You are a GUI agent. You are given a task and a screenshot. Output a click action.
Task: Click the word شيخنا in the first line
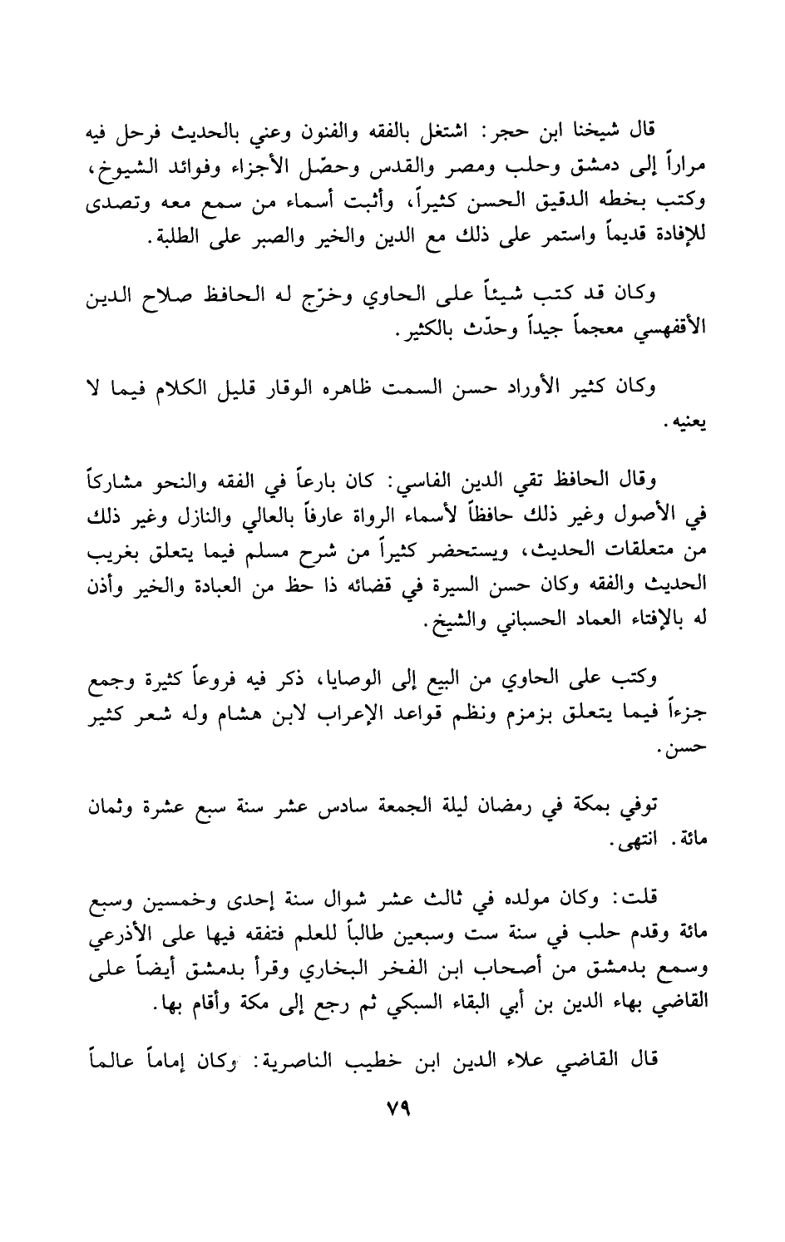(x=587, y=131)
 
